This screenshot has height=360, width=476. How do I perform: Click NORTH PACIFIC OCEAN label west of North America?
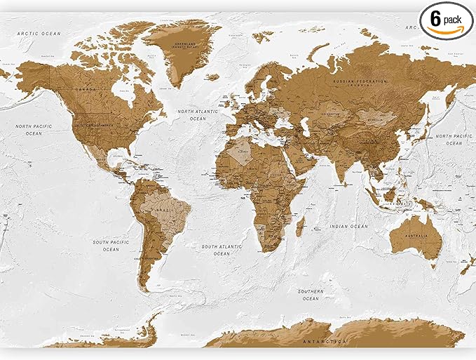point(29,129)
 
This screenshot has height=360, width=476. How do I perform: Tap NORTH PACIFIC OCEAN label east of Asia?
point(449,139)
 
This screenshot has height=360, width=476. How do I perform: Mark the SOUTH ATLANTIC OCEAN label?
point(221,251)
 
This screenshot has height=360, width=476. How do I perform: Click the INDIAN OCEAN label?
point(349,227)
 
